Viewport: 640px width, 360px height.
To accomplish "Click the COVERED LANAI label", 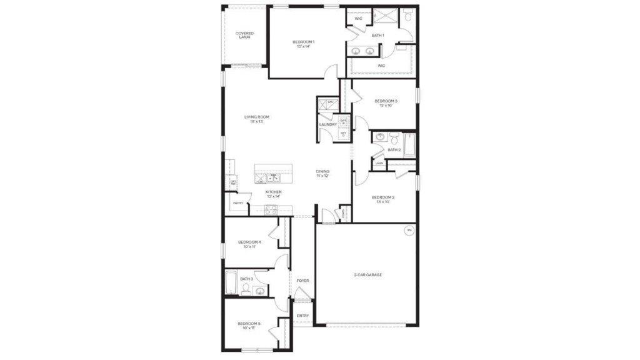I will (244, 35).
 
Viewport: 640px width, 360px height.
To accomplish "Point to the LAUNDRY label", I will (327, 124).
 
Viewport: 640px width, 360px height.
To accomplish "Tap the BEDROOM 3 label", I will (386, 102).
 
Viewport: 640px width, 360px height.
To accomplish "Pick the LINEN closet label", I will (379, 164).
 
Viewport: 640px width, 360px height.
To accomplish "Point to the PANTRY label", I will (237, 203).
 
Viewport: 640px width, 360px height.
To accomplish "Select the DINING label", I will (322, 173).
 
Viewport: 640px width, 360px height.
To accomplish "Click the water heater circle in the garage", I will (409, 230).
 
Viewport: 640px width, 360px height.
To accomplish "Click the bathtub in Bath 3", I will (230, 283).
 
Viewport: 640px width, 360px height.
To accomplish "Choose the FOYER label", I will (302, 281).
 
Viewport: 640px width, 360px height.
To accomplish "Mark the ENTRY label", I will (302, 316).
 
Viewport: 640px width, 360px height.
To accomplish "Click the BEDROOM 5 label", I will (249, 325).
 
